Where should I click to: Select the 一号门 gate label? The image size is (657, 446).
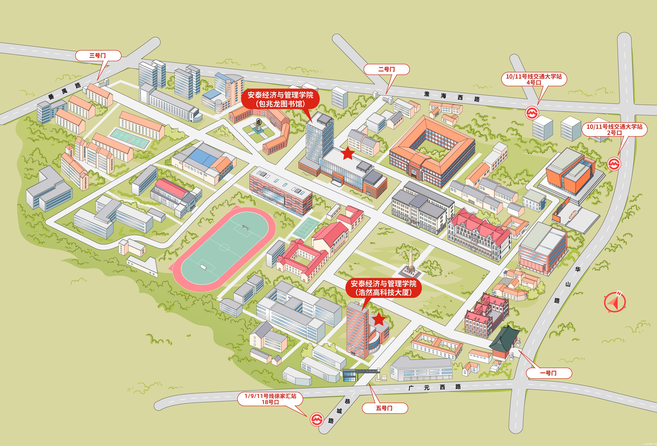(x=548, y=373)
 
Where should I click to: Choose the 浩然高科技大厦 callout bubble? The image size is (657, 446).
(x=383, y=288)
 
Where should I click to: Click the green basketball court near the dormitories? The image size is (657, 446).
(x=130, y=139)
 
